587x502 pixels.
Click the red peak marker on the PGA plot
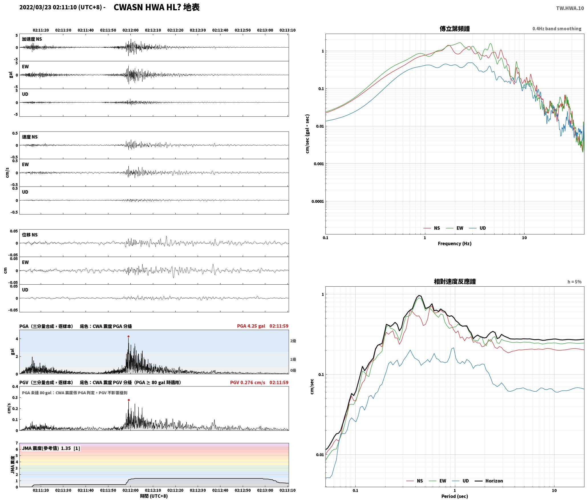[128, 337]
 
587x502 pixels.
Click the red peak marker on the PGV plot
[129, 400]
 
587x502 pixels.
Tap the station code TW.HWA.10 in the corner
[570, 8]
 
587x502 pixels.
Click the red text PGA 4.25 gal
[251, 326]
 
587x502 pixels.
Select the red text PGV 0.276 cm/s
[248, 382]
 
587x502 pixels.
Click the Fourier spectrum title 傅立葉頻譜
[455, 29]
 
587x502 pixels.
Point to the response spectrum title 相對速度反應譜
[455, 282]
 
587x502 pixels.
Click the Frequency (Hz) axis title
[455, 244]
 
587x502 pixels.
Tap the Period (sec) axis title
[455, 496]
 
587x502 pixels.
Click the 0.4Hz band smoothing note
[557, 29]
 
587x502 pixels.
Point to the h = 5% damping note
[574, 282]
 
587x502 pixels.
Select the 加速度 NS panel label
[32, 39]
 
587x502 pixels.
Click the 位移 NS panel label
[30, 235]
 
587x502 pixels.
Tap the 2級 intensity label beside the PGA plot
[293, 341]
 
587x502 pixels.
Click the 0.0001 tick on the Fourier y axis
[317, 201]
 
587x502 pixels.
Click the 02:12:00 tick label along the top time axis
[131, 30]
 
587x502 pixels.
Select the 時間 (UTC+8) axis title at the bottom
[154, 496]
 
